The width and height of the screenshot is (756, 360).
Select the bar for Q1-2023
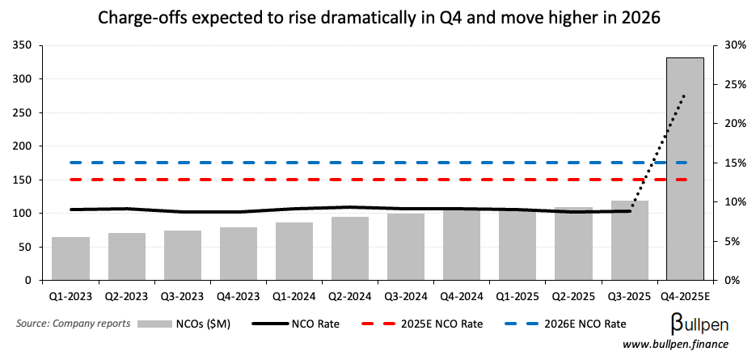pyautogui.click(x=70, y=258)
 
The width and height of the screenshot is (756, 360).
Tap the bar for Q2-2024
pyautogui.click(x=350, y=248)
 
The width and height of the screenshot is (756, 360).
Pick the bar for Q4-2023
pyautogui.click(x=239, y=253)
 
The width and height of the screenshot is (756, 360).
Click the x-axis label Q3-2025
pyautogui.click(x=629, y=296)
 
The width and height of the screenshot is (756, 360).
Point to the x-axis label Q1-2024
pyautogui.click(x=294, y=296)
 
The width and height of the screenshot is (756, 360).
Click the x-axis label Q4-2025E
pyautogui.click(x=685, y=296)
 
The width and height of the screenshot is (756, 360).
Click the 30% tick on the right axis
pyautogui.click(x=733, y=45)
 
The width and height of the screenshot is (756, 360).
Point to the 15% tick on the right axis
pyautogui.click(x=733, y=163)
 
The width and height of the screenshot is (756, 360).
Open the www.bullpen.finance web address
pyautogui.click(x=674, y=345)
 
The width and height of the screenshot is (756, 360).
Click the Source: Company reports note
pyautogui.click(x=73, y=324)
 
